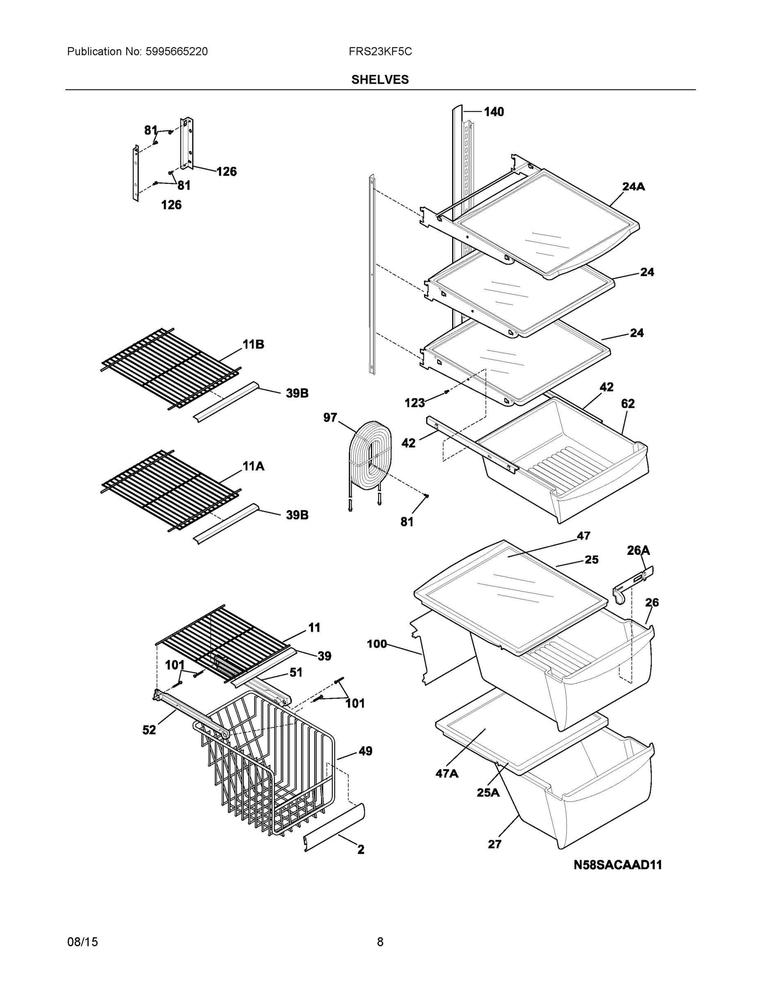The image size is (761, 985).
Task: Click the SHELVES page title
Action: [379, 80]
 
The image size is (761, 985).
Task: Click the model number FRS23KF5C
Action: [379, 52]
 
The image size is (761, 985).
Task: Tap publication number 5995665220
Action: [176, 52]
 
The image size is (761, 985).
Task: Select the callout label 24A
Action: [633, 186]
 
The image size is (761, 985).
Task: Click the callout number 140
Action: [494, 112]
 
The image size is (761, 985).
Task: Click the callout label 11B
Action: [253, 345]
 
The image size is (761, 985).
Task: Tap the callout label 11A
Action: [253, 466]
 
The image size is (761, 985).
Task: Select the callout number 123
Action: [414, 403]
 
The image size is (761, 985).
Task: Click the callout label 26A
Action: [638, 550]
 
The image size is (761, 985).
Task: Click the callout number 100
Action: [377, 644]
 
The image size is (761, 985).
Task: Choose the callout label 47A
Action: [447, 774]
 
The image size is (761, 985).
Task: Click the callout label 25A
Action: [488, 793]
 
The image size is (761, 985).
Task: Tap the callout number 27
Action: [495, 844]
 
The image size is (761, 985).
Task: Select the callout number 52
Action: [149, 730]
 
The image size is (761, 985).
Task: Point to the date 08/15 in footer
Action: [82, 942]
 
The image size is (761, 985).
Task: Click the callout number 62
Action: [628, 404]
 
